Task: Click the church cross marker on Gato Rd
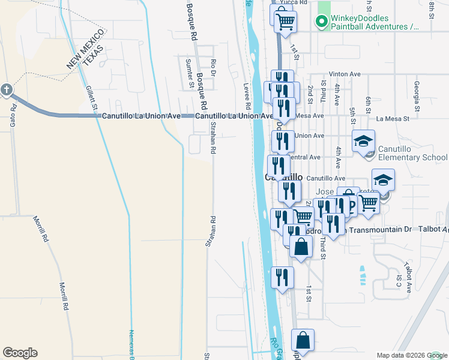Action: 7,91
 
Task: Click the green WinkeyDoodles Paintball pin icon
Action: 322,23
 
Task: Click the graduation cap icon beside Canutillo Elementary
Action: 363,142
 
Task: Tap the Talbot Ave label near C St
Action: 408,276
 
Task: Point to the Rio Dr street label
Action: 212,64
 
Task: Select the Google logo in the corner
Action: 20,353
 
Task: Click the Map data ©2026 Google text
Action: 412,355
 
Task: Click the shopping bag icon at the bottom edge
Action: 304,340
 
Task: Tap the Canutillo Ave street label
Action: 326,178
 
